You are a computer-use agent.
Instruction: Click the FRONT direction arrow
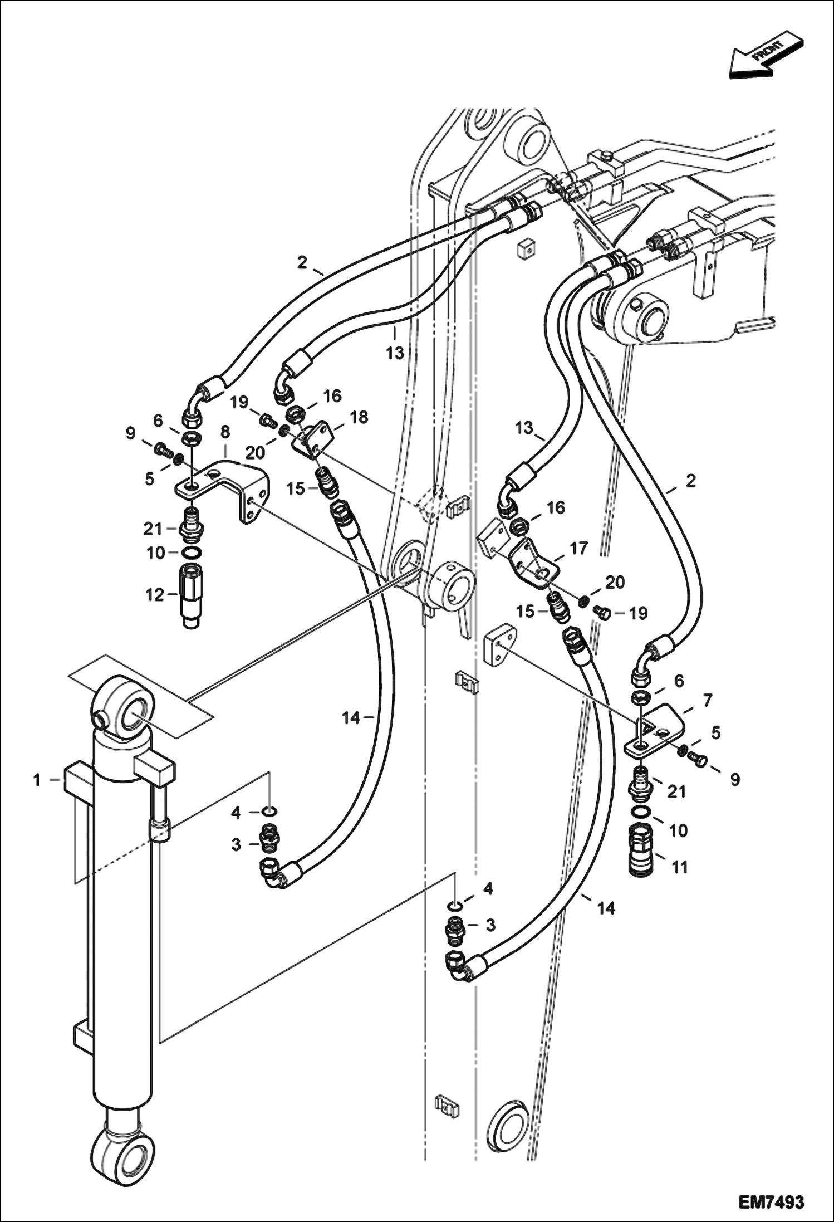tap(766, 57)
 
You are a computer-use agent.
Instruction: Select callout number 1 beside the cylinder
tap(37, 780)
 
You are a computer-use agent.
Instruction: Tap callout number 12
tap(154, 595)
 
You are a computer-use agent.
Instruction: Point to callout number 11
tap(680, 867)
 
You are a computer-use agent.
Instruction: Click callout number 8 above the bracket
tap(225, 432)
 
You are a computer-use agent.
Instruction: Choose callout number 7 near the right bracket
tap(708, 700)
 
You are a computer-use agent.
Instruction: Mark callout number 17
tap(578, 549)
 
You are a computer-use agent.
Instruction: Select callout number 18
tap(359, 417)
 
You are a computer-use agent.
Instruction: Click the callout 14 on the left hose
tap(351, 718)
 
